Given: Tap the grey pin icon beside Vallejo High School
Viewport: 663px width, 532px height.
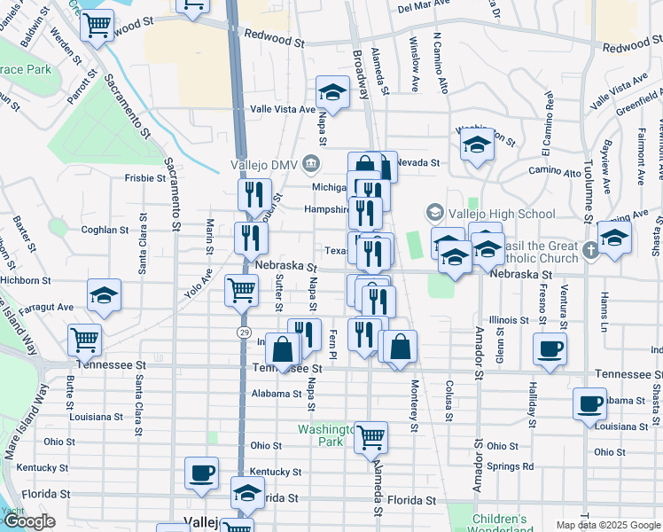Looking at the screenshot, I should (435, 213).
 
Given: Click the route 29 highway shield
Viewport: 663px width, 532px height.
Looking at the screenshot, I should (242, 331).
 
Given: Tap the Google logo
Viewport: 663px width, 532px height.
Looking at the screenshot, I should (29, 521).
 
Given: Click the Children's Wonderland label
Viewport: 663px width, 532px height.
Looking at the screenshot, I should (500, 524).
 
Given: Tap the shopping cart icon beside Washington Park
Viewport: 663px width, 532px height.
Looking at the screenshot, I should (370, 436).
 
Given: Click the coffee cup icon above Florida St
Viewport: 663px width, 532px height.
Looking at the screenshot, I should (202, 473).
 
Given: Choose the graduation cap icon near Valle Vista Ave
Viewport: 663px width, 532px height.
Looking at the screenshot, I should (332, 91).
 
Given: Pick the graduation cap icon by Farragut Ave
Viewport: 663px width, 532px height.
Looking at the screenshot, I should (104, 295).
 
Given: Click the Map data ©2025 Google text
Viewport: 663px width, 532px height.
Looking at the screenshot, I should (608, 525).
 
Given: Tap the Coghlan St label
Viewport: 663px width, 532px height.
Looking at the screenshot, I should (105, 230).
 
